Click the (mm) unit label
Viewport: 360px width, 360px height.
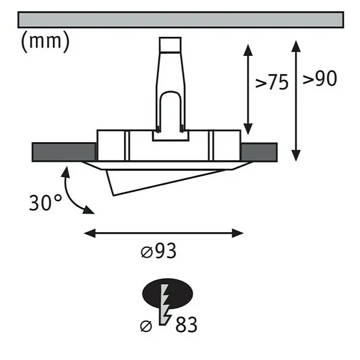[45, 41]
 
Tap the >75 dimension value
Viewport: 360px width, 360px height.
[272, 82]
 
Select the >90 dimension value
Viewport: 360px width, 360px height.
[320, 78]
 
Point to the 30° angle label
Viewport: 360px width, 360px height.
[46, 203]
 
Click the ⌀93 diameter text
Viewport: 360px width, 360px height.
[159, 251]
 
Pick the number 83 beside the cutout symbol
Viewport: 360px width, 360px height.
[186, 324]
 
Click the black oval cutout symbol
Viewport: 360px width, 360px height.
[168, 294]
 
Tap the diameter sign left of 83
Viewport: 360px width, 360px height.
[146, 326]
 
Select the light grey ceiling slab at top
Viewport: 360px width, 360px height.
[181, 20]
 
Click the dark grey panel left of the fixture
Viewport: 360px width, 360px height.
[64, 152]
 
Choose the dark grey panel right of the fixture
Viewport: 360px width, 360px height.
[259, 152]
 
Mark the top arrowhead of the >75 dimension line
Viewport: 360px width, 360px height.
[248, 50]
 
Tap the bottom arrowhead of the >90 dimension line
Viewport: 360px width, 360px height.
[296, 156]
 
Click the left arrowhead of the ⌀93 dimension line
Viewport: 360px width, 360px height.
[90, 233]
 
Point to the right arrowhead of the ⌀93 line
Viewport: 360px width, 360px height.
[237, 233]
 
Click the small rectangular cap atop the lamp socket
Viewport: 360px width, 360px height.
[170, 44]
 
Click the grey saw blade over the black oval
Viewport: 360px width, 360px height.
[165, 305]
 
